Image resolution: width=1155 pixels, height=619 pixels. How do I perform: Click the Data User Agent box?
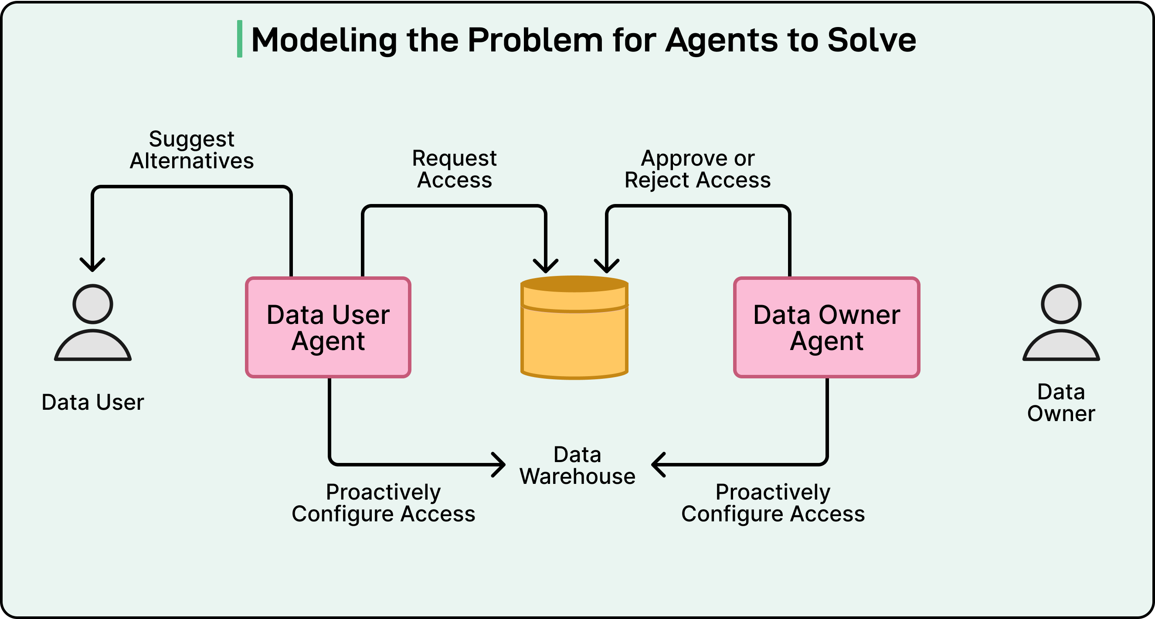point(328,327)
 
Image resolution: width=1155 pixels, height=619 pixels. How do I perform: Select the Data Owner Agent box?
point(826,327)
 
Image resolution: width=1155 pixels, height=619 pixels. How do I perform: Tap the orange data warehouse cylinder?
point(574,332)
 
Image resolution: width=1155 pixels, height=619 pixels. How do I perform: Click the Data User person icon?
point(93,323)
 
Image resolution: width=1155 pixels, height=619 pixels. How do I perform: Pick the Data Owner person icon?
point(1061,323)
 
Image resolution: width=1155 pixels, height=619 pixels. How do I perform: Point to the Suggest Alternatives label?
point(191,150)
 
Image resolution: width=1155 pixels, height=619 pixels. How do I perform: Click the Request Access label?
point(454,169)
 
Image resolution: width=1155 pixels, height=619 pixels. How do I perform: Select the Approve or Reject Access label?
point(697,169)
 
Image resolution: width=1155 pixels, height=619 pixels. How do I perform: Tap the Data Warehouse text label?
point(577,466)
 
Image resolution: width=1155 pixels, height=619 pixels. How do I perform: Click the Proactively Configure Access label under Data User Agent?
point(383,503)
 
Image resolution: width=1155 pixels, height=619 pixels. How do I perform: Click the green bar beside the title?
point(239,39)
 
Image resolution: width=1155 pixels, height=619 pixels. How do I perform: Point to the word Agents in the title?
point(722,41)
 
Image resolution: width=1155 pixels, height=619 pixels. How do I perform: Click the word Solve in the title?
point(871,41)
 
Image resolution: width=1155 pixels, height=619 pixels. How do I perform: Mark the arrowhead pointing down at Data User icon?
point(92,265)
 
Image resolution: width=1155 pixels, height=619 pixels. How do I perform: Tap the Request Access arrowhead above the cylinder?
point(545,267)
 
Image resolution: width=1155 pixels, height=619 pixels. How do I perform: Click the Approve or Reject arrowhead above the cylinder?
point(606,267)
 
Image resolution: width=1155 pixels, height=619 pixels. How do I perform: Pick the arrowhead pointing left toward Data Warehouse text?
point(657,465)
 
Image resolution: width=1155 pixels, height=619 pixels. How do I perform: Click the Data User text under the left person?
point(93,402)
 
